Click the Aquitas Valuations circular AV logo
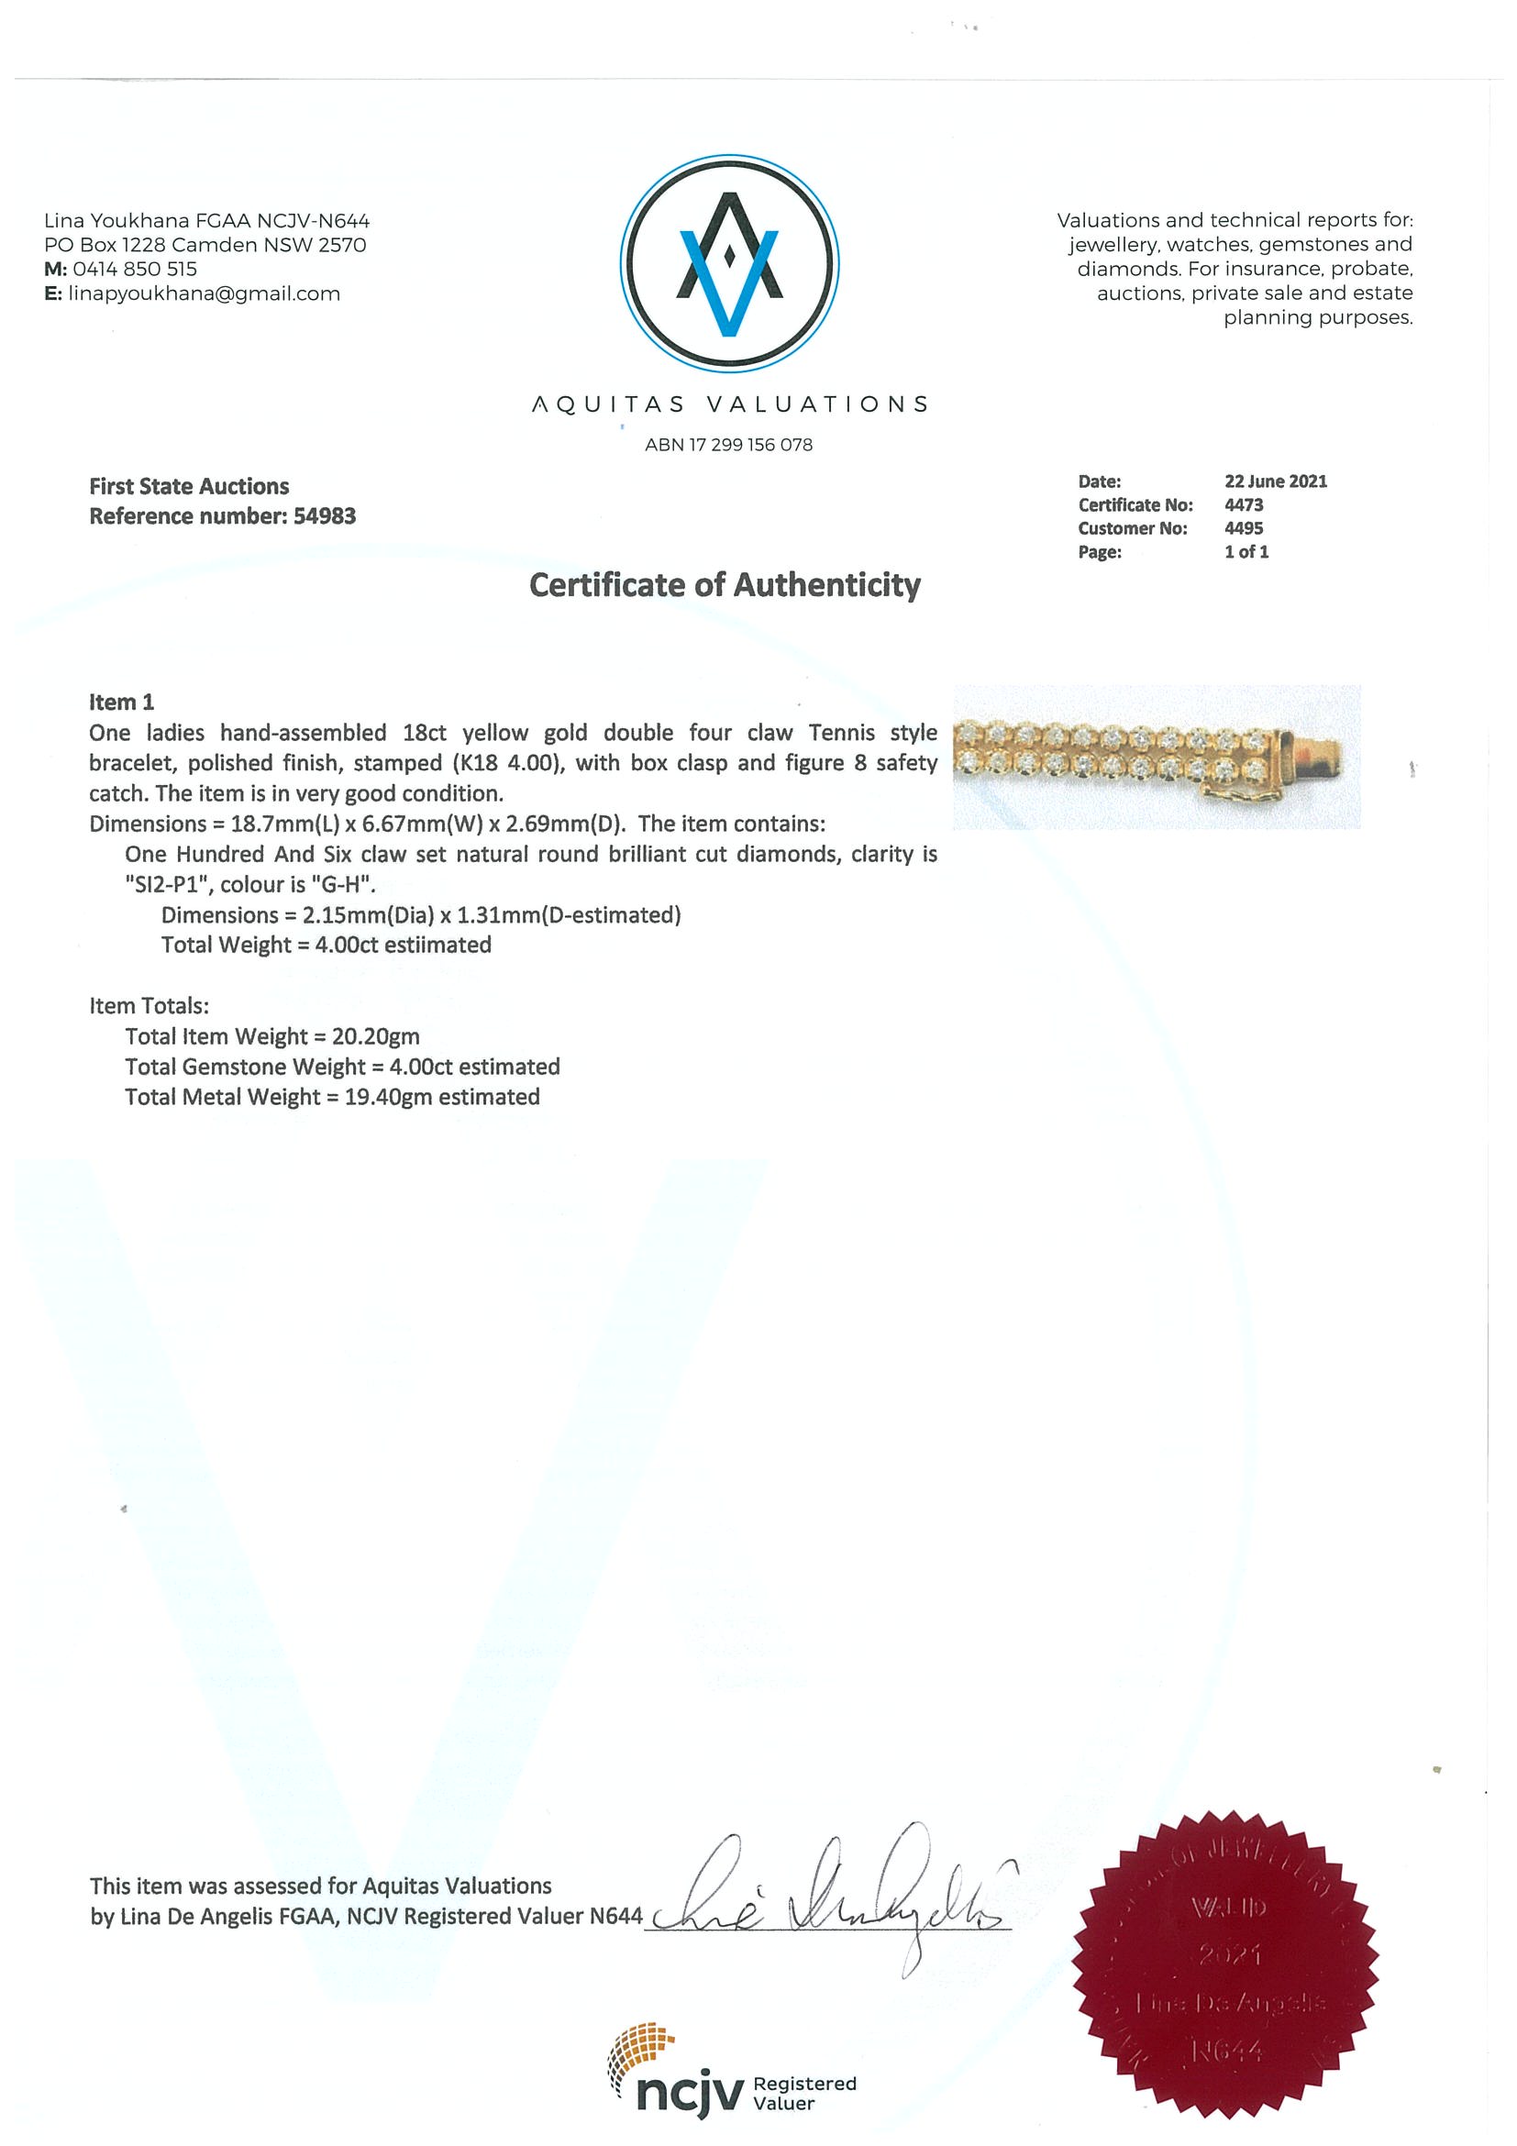(729, 262)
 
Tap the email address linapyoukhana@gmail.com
(204, 293)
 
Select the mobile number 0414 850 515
(135, 270)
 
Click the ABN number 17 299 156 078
(750, 445)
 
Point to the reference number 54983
(325, 516)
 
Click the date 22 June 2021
(1275, 481)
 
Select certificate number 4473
(1243, 504)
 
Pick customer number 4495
(1243, 528)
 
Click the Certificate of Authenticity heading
(725, 585)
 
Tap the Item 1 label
(121, 702)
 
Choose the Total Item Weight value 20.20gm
(376, 1036)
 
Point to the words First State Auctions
(189, 486)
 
